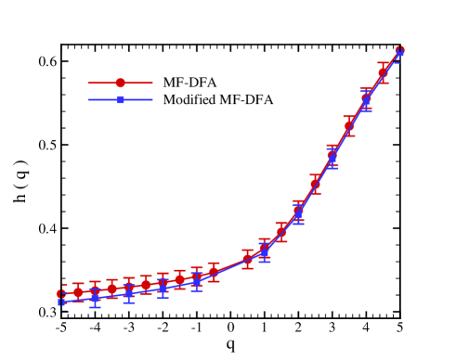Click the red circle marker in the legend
click(120, 83)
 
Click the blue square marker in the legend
click(120, 99)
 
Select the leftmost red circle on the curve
click(61, 294)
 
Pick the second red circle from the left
click(78, 292)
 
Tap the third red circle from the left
click(95, 290)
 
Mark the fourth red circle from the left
click(111, 289)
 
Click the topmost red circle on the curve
click(399, 50)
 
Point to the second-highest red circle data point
click(383, 72)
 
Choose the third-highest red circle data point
click(366, 96)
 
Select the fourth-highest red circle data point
click(349, 124)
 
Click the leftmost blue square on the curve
click(61, 302)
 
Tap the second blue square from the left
click(95, 298)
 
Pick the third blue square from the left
click(129, 293)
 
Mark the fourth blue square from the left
click(163, 288)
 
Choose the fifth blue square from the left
click(197, 280)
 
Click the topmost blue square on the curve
click(399, 54)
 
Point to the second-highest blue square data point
click(366, 100)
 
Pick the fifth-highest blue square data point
click(264, 251)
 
